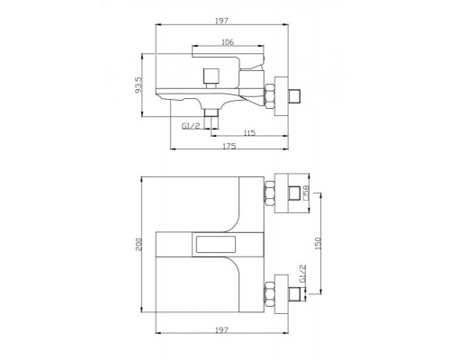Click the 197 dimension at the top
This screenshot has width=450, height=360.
pos(221,21)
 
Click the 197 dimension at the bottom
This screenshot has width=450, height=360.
pos(221,329)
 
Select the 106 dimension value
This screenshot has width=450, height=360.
pos(228,42)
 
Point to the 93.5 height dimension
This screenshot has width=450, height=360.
pos(139,85)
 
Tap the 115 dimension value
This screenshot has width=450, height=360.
pos(249,132)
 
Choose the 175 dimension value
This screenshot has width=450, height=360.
pos(229,146)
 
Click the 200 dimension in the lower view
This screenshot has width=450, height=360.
pos(139,245)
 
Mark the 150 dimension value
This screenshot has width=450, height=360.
pos(319,243)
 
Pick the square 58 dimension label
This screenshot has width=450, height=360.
pos(306,193)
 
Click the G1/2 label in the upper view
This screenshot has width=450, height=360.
pos(191,126)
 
